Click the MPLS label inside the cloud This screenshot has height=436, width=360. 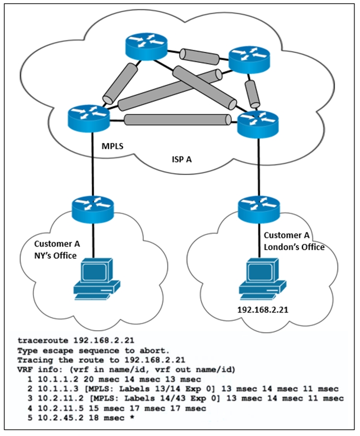[113, 146]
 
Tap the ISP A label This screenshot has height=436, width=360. [182, 159]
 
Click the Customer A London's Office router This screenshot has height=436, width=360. [259, 209]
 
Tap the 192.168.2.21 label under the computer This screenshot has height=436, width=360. [263, 310]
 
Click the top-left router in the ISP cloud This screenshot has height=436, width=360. [146, 47]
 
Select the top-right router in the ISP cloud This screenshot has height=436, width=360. [249, 60]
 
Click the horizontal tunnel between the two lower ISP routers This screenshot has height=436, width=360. [177, 119]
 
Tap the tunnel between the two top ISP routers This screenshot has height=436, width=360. [199, 57]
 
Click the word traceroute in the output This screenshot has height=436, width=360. [43, 340]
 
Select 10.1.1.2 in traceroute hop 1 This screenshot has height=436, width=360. [58, 379]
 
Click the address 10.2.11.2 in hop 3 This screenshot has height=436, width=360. [61, 398]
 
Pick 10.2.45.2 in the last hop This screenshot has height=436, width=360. [61, 418]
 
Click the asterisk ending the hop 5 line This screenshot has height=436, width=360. [132, 417]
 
